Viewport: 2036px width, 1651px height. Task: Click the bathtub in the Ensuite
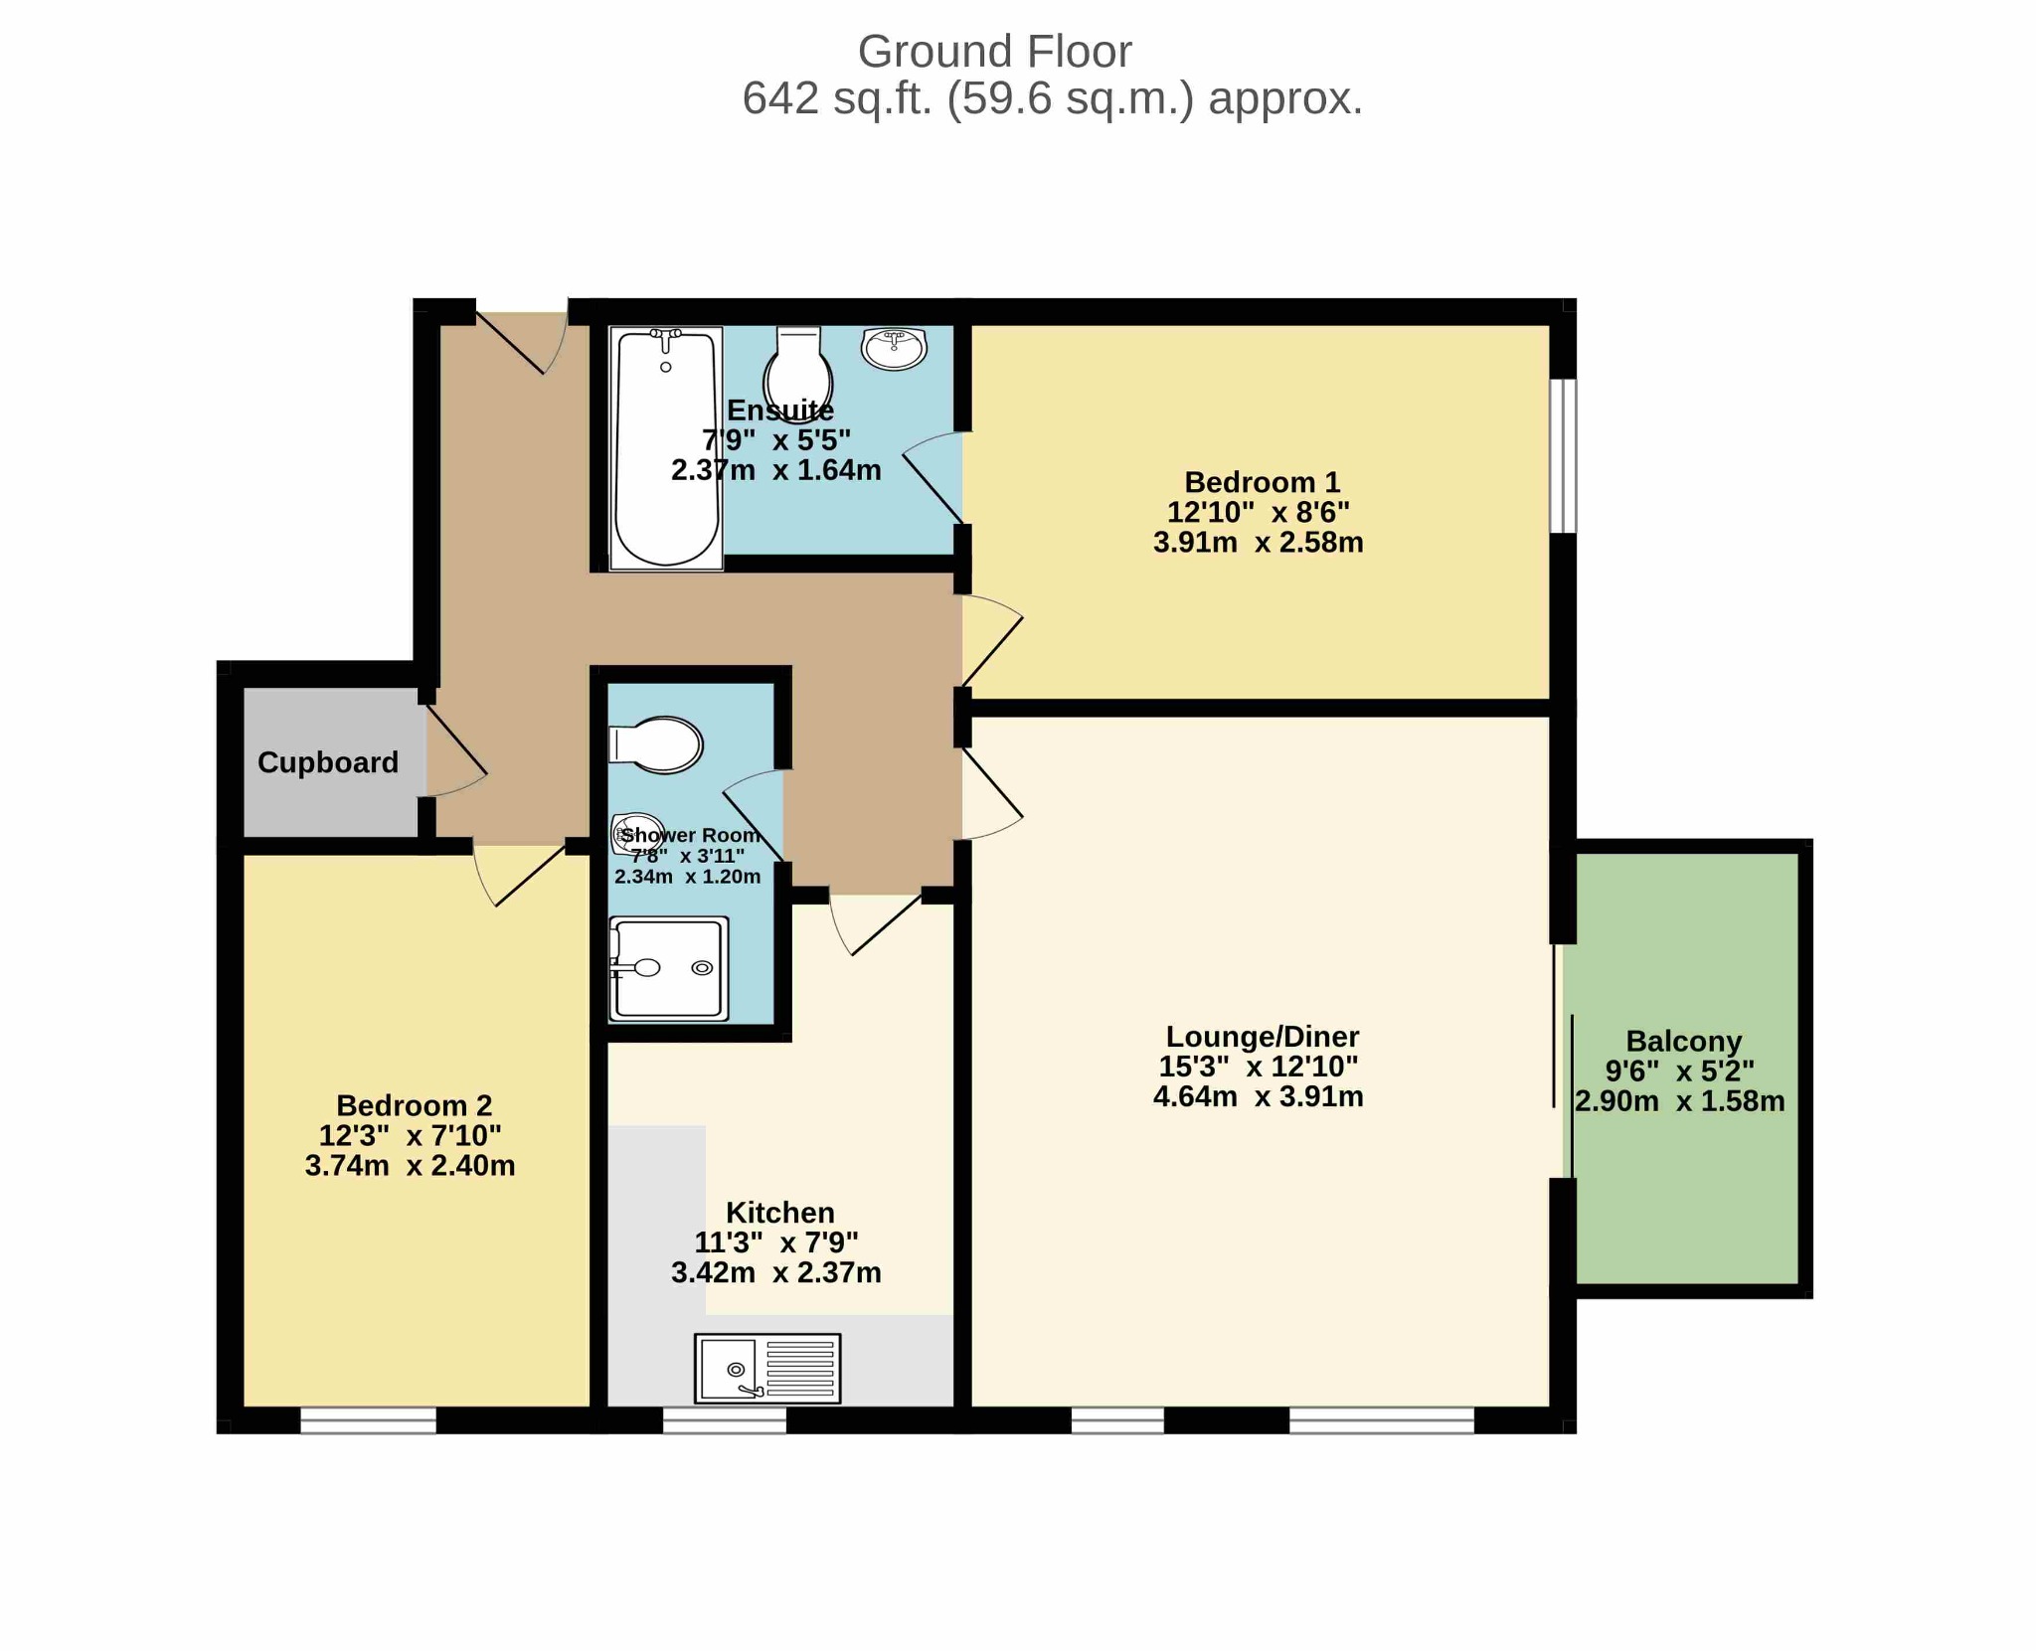pyautogui.click(x=666, y=449)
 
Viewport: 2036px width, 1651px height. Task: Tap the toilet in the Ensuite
pyautogui.click(x=798, y=375)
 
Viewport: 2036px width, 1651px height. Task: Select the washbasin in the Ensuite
pyautogui.click(x=894, y=348)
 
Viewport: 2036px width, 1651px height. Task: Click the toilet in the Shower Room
pyautogui.click(x=656, y=744)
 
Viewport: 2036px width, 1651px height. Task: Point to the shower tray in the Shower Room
pyautogui.click(x=668, y=968)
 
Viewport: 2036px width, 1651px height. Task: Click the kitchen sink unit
pyautogui.click(x=767, y=1368)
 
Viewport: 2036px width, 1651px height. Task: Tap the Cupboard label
pyautogui.click(x=328, y=762)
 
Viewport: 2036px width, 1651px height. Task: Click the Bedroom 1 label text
pyautogui.click(x=1263, y=482)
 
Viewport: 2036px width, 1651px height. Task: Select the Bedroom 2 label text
pyautogui.click(x=415, y=1105)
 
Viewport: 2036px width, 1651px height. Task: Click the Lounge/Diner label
pyautogui.click(x=1263, y=1037)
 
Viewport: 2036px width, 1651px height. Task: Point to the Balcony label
pyautogui.click(x=1684, y=1041)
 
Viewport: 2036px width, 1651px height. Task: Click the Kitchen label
pyautogui.click(x=780, y=1213)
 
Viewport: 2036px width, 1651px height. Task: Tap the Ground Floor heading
pyautogui.click(x=994, y=52)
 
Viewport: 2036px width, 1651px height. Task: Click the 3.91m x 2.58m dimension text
pyautogui.click(x=1259, y=543)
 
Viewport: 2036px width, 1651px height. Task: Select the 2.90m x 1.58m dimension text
pyautogui.click(x=1680, y=1101)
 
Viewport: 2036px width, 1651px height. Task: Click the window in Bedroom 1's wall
pyautogui.click(x=1564, y=456)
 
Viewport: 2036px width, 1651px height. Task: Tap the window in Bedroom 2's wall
pyautogui.click(x=368, y=1420)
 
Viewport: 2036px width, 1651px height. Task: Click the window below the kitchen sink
pyautogui.click(x=725, y=1420)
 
